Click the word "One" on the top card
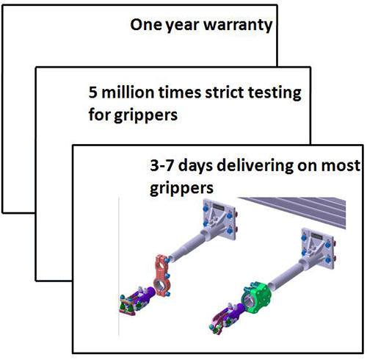tap(145, 24)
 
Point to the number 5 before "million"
tap(92, 93)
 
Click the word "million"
tap(128, 92)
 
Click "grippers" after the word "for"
tap(145, 115)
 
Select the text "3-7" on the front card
tap(161, 165)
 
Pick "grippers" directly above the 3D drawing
tap(181, 189)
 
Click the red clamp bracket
tap(162, 276)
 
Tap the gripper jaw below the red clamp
tap(137, 300)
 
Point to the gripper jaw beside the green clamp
tap(225, 318)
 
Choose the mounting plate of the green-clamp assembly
tap(319, 248)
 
